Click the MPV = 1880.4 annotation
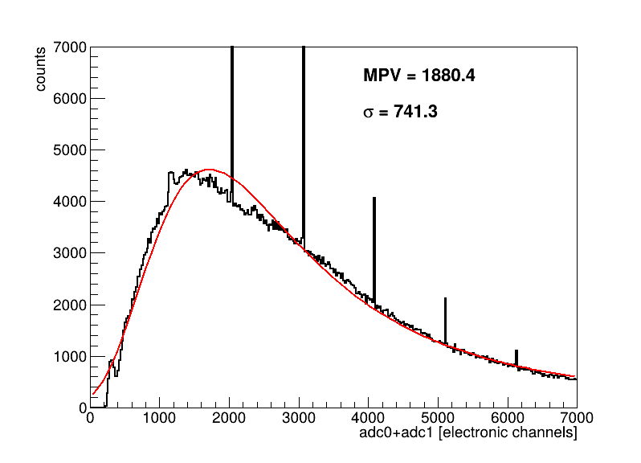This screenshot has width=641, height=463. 419,76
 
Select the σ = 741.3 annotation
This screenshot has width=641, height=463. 400,111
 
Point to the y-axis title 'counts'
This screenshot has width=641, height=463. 40,69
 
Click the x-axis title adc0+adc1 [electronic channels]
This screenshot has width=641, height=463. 468,432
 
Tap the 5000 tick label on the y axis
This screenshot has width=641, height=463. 70,150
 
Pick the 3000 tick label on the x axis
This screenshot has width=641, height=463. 299,418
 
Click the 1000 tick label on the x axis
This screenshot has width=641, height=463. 159,418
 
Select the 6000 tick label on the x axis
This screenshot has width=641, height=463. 508,418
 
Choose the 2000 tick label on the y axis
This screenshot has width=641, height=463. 70,305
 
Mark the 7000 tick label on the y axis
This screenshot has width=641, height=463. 70,47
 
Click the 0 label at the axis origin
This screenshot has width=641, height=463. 83,408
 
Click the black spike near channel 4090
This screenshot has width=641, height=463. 374,251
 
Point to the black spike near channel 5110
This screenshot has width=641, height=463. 446,320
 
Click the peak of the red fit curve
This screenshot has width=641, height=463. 209,170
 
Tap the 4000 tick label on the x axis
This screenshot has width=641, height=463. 369,418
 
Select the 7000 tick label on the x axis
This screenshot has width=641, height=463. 577,418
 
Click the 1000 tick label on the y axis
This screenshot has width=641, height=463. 70,357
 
